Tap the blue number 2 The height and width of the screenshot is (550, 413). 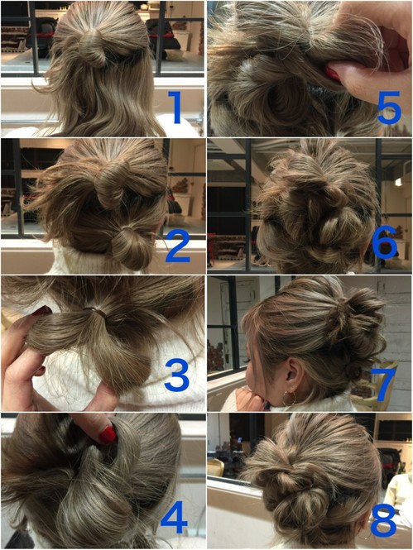coord(178,246)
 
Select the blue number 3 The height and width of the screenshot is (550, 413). coord(177,375)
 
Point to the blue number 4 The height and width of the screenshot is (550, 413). coord(174,517)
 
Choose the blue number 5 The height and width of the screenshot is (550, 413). coord(389,107)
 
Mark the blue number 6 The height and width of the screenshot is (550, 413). coord(384,242)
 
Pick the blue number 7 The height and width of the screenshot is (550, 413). coord(386,385)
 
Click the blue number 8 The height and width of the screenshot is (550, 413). coord(383,519)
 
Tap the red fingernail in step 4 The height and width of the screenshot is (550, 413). coord(108,435)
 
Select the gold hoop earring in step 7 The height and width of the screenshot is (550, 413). coord(289,399)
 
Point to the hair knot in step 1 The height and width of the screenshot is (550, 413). coord(93,46)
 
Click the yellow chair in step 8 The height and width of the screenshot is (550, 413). coord(215,467)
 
